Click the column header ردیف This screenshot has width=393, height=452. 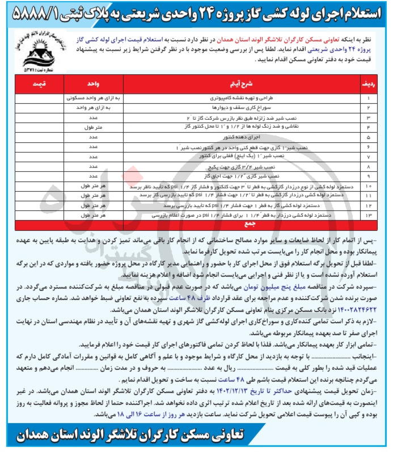368,84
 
